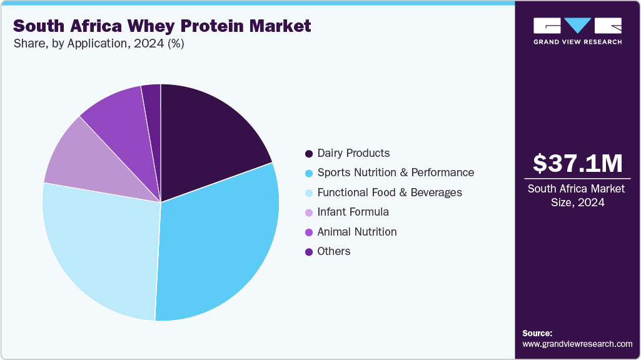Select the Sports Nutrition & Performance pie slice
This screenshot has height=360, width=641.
click(219, 244)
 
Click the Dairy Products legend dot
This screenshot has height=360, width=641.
click(309, 154)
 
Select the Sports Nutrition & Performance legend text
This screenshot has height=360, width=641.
click(395, 172)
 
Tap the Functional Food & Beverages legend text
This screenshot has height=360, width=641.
click(390, 192)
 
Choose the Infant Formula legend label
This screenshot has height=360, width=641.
click(353, 212)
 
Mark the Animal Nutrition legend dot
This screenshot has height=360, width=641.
click(309, 232)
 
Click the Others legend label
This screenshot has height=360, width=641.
click(334, 251)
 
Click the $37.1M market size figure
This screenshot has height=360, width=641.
click(577, 164)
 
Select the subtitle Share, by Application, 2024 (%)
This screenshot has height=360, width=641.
click(98, 44)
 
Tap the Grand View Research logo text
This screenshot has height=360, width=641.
click(577, 42)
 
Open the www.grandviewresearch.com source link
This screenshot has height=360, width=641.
click(577, 344)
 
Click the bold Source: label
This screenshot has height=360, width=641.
click(537, 333)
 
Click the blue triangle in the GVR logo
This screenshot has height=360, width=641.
click(578, 26)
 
